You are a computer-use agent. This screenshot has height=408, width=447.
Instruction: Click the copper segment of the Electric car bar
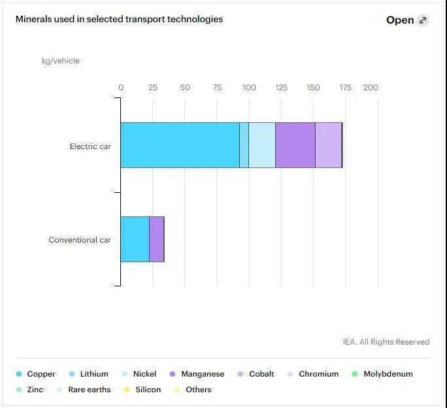pos(180,145)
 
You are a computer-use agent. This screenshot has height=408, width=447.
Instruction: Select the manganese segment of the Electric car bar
pos(295,145)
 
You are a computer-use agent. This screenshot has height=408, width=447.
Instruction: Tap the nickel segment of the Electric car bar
pos(261,145)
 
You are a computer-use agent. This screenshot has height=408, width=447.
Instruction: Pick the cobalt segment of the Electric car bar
pos(328,145)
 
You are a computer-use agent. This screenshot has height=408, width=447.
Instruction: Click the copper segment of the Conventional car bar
pos(135,239)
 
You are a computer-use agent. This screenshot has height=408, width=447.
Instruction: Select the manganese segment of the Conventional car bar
pos(156,239)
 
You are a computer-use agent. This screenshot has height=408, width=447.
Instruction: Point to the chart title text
pos(119,19)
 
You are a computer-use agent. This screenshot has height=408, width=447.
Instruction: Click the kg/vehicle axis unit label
pos(61,61)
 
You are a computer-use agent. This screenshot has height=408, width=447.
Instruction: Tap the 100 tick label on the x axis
pos(249,88)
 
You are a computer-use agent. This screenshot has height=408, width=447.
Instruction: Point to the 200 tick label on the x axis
pos(371,88)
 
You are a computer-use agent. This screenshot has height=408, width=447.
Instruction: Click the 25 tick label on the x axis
pos(153,88)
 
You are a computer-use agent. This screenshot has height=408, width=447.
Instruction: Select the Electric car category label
pos(90,146)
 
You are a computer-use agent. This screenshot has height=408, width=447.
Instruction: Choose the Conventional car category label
pos(80,240)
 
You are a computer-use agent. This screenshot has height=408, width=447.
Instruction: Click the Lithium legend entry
pos(93,374)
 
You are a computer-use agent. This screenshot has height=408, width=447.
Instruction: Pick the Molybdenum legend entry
pos(388,374)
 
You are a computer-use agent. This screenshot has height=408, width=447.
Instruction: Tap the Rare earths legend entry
pos(89,390)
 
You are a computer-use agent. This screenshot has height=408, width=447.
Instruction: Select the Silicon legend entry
pos(148,390)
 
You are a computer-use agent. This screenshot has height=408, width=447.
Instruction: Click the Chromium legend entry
pos(318,374)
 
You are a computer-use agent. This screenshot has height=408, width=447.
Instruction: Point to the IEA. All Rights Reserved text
pos(386,342)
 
